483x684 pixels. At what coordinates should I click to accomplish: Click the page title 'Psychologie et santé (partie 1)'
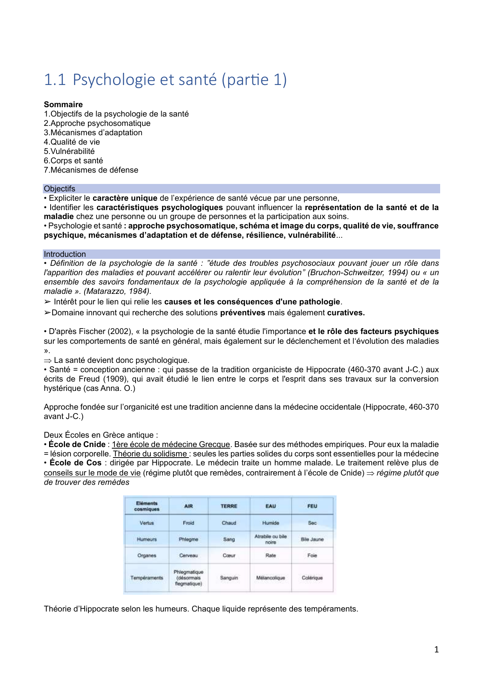coord(180,80)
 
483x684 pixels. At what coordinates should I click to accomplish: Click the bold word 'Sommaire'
coord(63,104)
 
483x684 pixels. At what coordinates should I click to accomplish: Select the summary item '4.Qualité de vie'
coord(72,142)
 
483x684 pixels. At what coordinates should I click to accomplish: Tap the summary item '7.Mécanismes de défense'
coord(91,170)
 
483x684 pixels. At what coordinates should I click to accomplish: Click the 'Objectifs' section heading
coord(59,189)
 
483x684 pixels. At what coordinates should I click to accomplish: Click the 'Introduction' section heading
coord(65,254)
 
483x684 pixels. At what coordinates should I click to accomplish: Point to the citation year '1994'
coord(397,273)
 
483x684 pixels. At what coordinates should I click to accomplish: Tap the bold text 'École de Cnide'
coord(77,444)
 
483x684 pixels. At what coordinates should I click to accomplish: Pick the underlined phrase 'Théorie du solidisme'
coord(150,454)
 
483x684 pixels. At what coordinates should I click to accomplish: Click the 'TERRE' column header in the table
coord(229,506)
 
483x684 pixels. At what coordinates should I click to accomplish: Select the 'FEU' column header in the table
coord(312,506)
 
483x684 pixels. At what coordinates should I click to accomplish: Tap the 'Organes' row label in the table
coord(146,555)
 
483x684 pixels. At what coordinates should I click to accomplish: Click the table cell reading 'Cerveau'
coord(189,555)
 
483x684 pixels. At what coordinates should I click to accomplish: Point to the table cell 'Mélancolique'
coord(270,578)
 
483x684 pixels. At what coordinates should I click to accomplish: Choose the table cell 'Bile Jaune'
coord(312,539)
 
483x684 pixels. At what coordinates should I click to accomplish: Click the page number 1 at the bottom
coord(436,649)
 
